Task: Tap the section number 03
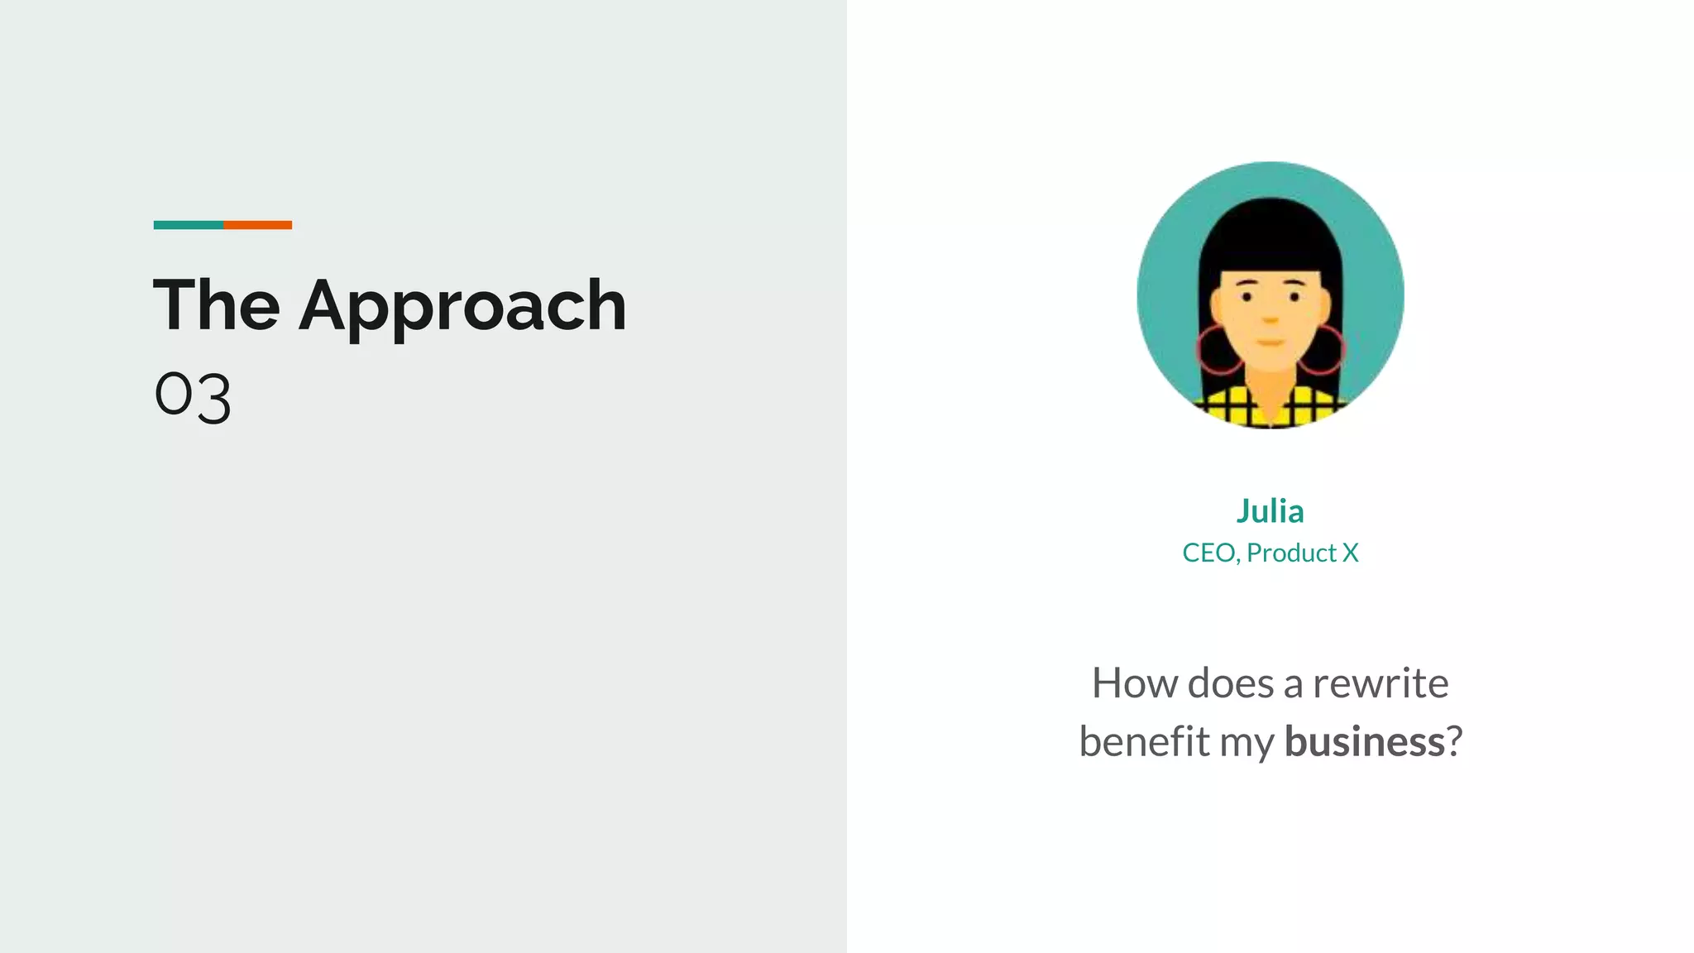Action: (193, 396)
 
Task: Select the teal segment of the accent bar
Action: (188, 225)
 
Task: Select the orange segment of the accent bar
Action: (257, 225)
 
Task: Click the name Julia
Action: (1270, 511)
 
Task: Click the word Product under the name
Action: (1291, 553)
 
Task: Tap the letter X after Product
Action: (1350, 553)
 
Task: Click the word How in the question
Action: (1134, 683)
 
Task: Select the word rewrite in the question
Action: (1380, 683)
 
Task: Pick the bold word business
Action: (1364, 741)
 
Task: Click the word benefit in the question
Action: (1144, 741)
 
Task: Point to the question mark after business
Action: (1455, 741)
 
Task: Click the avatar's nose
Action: (1270, 318)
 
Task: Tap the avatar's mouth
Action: (1270, 342)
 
